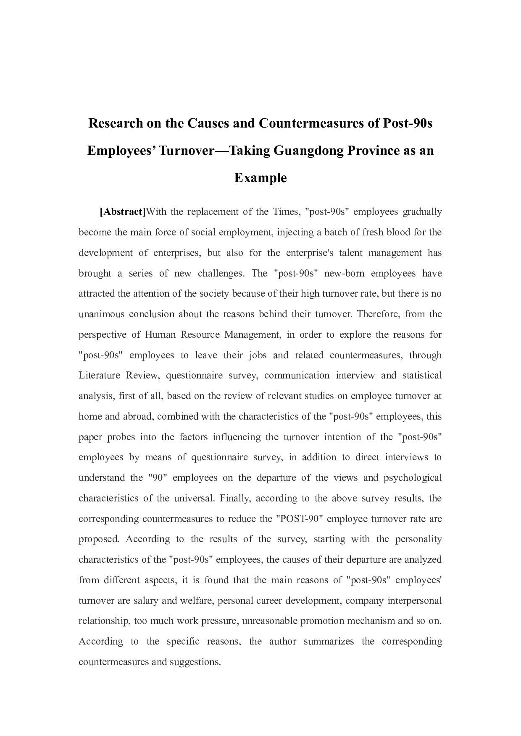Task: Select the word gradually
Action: (x=422, y=212)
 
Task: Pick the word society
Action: (x=213, y=294)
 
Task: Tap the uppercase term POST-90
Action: (x=300, y=519)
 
